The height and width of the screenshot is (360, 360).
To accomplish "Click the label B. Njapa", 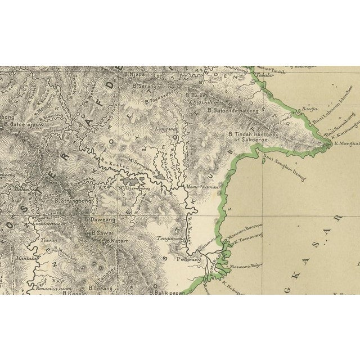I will (x=136, y=73).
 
